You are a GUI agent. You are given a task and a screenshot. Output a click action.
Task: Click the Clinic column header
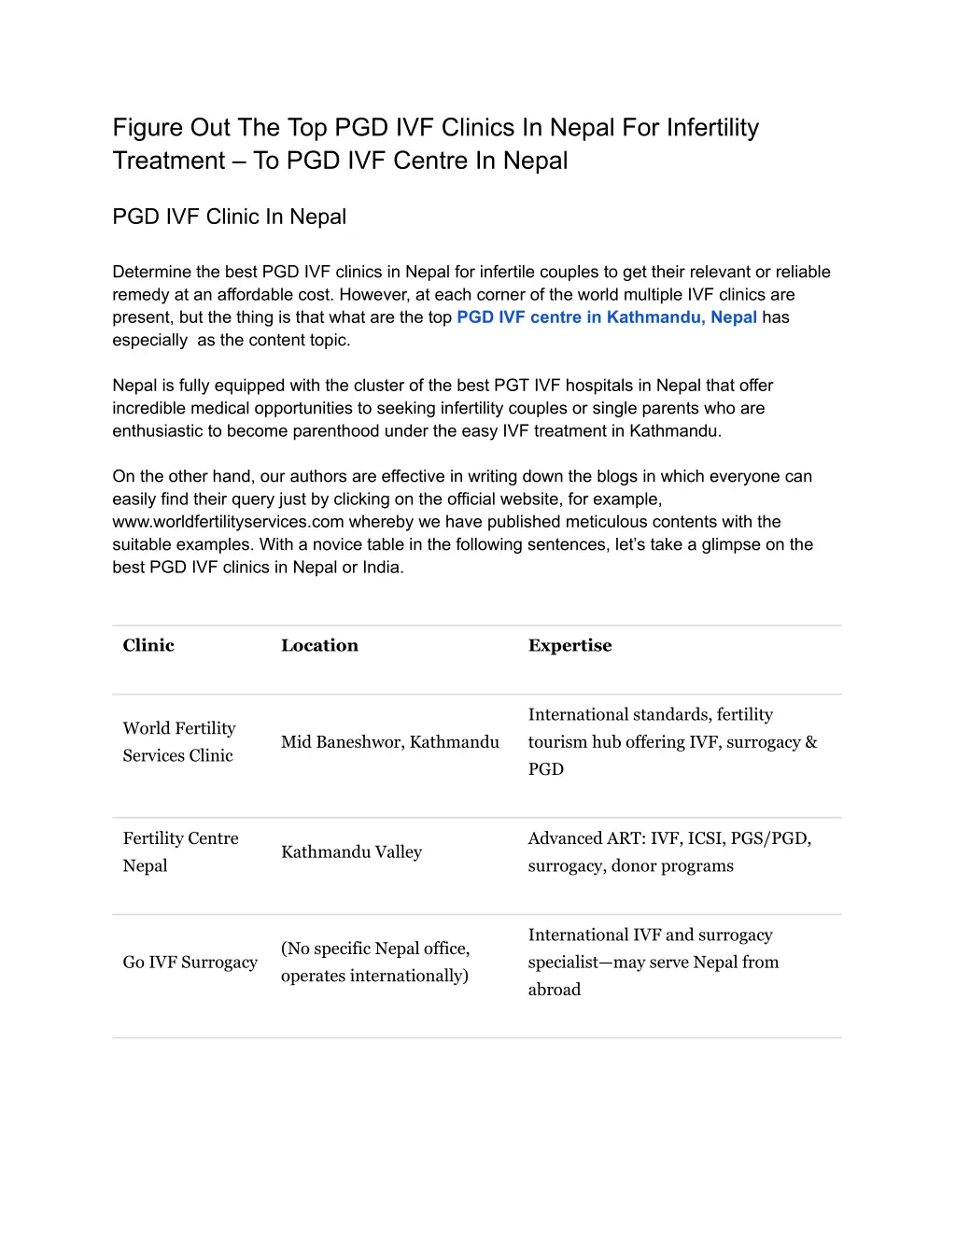(x=148, y=645)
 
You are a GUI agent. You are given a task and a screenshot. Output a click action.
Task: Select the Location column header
(x=319, y=645)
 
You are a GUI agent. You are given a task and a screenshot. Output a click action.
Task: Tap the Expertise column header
(x=569, y=645)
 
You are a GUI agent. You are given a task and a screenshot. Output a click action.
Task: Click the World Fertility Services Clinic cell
(x=179, y=742)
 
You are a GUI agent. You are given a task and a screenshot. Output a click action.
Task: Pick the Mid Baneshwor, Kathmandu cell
(x=390, y=742)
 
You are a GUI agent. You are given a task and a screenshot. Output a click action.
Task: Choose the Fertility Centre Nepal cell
(x=180, y=851)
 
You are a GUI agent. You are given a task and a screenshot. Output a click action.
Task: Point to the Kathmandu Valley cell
(x=351, y=851)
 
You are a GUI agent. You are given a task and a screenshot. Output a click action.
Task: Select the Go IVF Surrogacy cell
(x=190, y=962)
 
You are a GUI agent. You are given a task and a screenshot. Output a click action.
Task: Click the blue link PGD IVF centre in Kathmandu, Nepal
(x=607, y=317)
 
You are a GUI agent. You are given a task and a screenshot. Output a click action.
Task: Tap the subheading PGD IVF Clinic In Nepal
(x=229, y=217)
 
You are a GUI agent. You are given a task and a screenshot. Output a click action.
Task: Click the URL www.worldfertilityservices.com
(x=228, y=522)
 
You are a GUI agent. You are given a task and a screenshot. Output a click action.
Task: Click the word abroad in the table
(x=555, y=990)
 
